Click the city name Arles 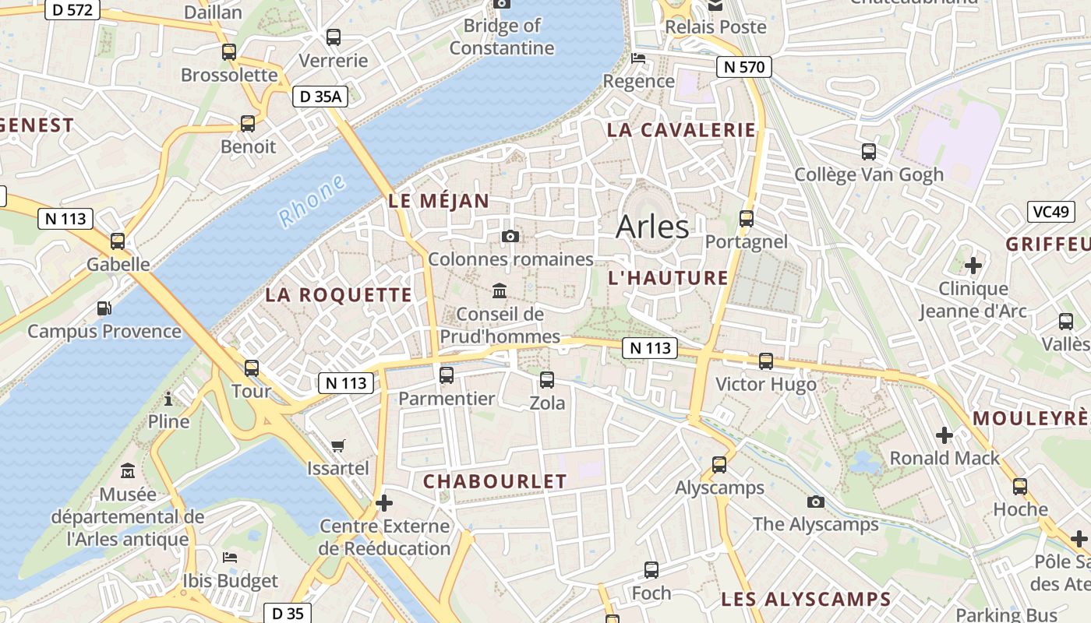tap(652, 227)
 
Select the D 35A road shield tap(320, 97)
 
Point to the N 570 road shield tap(744, 67)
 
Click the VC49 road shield tap(1050, 212)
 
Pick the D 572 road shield tap(72, 9)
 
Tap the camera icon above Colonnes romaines tap(510, 236)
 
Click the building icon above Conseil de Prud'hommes tap(500, 291)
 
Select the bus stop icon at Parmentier tap(447, 375)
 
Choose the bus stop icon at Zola tap(547, 380)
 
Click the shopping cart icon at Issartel tap(337, 445)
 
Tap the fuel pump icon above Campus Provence tap(104, 308)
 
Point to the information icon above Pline tap(168, 399)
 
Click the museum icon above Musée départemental tap(128, 471)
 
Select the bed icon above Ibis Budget tap(230, 558)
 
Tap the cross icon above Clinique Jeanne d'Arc tap(973, 266)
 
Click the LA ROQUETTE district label tap(338, 295)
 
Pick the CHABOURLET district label tap(495, 482)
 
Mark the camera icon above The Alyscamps tap(816, 502)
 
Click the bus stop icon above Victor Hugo tap(766, 361)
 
